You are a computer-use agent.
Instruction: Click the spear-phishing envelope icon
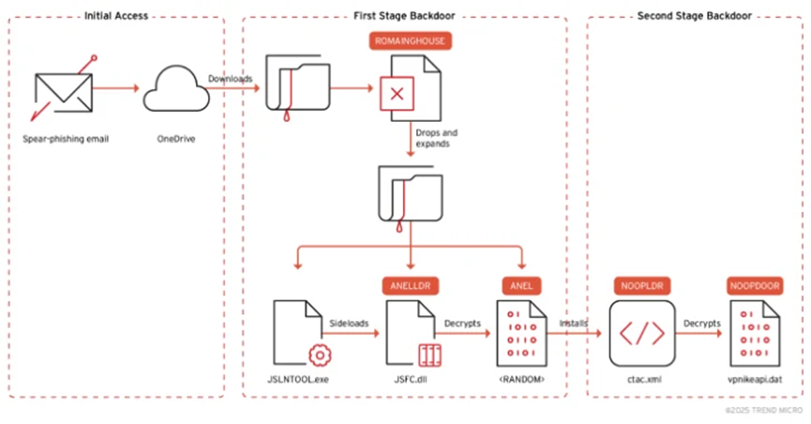pos(64,92)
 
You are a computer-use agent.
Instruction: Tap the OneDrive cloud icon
pos(176,88)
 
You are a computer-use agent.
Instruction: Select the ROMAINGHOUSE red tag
pos(410,41)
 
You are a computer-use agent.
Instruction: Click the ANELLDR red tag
pos(411,286)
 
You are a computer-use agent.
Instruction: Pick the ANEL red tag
pos(521,286)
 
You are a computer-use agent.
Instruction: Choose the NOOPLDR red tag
pos(642,286)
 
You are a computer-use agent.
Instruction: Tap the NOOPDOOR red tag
pos(755,286)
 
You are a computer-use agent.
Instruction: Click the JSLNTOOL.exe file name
pos(298,380)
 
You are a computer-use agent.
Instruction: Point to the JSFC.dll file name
pos(411,380)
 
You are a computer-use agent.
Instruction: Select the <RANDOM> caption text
pos(522,380)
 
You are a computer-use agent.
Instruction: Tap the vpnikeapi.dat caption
pos(755,380)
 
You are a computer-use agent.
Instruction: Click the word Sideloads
pos(349,324)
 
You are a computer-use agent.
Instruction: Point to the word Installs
pos(574,324)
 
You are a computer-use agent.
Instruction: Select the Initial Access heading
pos(116,16)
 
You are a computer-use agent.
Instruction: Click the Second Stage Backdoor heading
pos(695,16)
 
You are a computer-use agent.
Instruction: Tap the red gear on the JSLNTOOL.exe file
pos(320,356)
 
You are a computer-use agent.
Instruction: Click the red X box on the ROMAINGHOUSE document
pos(397,94)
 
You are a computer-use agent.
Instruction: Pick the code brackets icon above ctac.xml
pos(642,334)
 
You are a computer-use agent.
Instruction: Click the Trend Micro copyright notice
pos(764,411)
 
